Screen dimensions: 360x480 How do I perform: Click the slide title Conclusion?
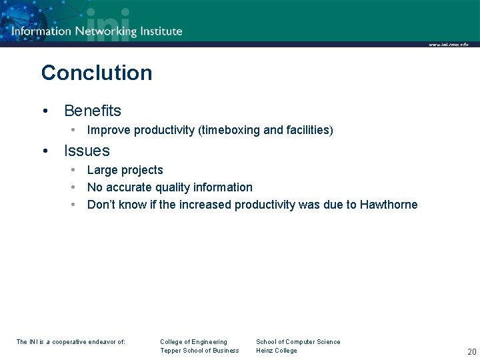(x=97, y=73)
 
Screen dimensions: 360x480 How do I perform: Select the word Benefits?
(x=93, y=111)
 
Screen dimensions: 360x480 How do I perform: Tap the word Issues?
(x=87, y=151)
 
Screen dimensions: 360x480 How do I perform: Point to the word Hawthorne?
(x=389, y=205)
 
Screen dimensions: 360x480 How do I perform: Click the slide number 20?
(x=471, y=352)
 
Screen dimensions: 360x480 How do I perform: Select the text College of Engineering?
(x=193, y=342)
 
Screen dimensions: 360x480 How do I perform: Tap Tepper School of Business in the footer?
(x=199, y=351)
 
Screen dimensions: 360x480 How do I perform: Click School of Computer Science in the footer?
(x=298, y=342)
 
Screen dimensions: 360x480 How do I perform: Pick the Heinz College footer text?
(x=277, y=351)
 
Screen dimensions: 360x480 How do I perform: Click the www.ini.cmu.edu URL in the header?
(x=449, y=45)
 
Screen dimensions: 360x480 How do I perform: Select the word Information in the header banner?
(x=41, y=31)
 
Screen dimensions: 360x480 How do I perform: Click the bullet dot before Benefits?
(x=44, y=111)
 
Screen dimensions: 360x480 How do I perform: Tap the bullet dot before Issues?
(x=44, y=151)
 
